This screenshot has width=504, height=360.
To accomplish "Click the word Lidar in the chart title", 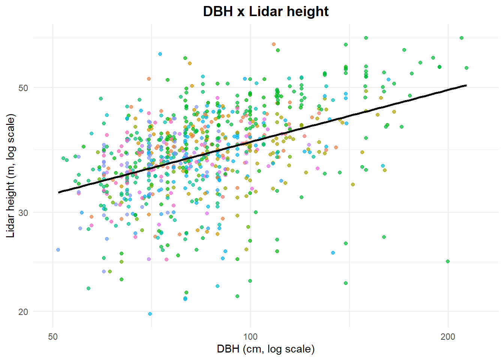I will pos(265,12).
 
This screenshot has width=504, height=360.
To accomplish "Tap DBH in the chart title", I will pos(218,12).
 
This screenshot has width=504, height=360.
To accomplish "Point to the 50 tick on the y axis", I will pos(23,88).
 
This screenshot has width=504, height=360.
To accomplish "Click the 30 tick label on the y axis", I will pos(23,213).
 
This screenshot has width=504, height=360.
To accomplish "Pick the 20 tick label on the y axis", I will pos(23,312).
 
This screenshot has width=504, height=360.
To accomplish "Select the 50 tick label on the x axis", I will pos(53,336).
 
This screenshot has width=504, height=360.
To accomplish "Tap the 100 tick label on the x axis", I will pos(250,336).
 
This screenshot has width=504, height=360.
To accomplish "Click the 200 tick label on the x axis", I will pos(448,336).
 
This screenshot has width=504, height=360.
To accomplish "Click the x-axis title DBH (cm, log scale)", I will pos(265,349).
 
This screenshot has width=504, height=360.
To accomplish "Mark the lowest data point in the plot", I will pos(150,314).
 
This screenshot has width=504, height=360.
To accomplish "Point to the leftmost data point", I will pos(58,250).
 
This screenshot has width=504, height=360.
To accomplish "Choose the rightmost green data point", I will pos(466,68).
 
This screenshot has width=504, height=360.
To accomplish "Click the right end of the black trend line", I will pos(466,85).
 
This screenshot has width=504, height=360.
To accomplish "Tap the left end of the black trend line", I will pos(59,192).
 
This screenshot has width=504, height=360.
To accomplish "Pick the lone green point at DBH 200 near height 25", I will pos(448,261).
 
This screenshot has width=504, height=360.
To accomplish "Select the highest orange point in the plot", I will pos(274,44).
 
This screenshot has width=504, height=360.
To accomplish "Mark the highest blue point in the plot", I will pos(160,54).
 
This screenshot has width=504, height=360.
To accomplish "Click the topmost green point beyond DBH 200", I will pos(462,38).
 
